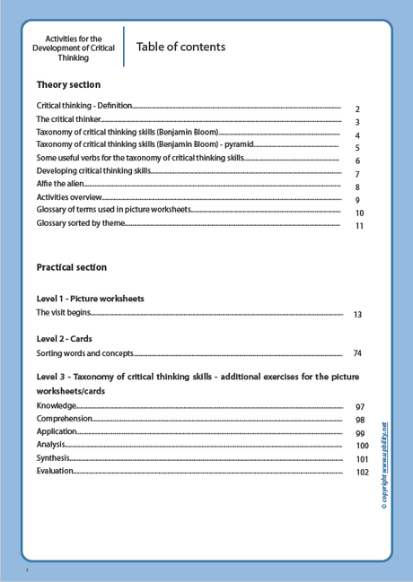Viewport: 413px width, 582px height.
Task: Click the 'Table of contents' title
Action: point(180,47)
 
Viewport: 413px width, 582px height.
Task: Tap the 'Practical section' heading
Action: point(71,267)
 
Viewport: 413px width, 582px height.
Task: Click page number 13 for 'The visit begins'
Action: point(357,315)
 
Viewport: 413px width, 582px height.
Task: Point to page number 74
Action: point(357,353)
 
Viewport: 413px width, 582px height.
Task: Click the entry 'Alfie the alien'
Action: point(60,183)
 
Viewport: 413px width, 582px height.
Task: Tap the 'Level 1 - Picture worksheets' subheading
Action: point(90,298)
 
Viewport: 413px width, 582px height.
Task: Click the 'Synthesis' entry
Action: point(53,457)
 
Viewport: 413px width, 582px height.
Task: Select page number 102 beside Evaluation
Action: point(362,472)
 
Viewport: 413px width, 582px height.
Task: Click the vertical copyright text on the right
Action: point(384,466)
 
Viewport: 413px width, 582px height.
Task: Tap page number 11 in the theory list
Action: point(359,226)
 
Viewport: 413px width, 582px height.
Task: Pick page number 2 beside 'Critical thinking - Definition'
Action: point(357,109)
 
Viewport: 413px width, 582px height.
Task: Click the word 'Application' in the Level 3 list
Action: point(57,431)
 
